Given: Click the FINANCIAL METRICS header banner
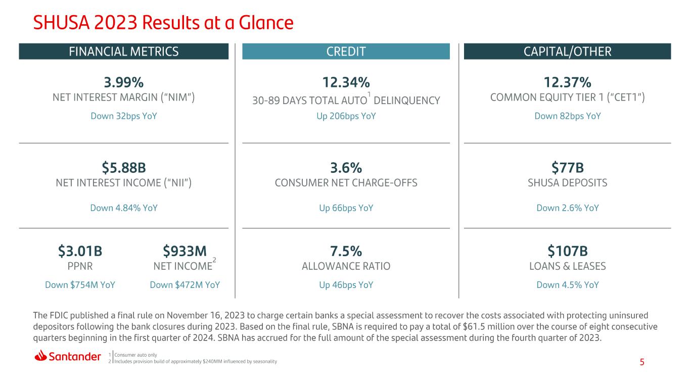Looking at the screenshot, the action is [x=123, y=51].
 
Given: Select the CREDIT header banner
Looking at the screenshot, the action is [x=346, y=51].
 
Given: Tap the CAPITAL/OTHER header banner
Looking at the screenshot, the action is [x=567, y=51].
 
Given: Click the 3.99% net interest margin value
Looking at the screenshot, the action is [x=123, y=82].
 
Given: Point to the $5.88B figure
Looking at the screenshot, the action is [x=123, y=168].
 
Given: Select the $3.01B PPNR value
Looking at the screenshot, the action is [x=80, y=251].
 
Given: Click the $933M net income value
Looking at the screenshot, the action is [x=185, y=251].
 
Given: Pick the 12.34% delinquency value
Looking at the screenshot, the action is [x=346, y=82].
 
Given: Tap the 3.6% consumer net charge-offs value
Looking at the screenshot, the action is [x=346, y=168].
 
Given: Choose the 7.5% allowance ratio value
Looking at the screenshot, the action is [x=346, y=251].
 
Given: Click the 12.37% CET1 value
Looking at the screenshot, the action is [x=567, y=82].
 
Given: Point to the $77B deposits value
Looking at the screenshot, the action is [x=567, y=168].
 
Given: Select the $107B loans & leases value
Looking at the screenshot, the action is [x=567, y=251].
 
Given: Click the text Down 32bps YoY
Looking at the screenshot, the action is [x=123, y=116].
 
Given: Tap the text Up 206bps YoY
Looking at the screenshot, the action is [x=346, y=116].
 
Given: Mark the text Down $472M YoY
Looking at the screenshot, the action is [x=185, y=285].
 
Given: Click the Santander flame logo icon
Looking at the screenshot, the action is [x=40, y=356].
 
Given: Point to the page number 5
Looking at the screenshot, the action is [x=642, y=362].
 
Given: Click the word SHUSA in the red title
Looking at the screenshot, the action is [x=61, y=23].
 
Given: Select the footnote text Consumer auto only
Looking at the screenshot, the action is [x=135, y=355].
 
